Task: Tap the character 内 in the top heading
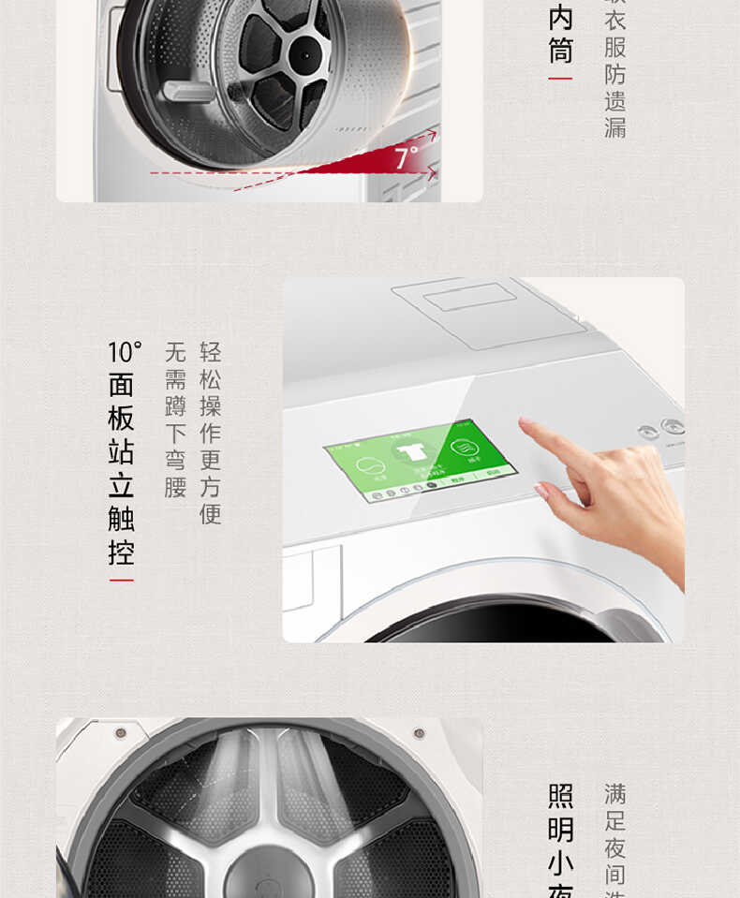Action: (560, 18)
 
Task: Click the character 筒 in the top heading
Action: (560, 50)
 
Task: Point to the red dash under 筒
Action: (560, 78)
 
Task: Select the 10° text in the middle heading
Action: (123, 352)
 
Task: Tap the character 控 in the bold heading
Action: (121, 552)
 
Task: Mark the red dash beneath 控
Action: (121, 581)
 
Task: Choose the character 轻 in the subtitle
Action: (211, 352)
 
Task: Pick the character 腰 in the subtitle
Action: (175, 487)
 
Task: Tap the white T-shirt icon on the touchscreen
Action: (409, 453)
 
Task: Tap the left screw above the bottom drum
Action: (120, 732)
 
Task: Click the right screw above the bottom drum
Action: (419, 732)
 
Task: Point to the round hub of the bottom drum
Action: (269, 871)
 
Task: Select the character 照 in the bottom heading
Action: (560, 797)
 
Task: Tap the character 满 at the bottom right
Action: (614, 795)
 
